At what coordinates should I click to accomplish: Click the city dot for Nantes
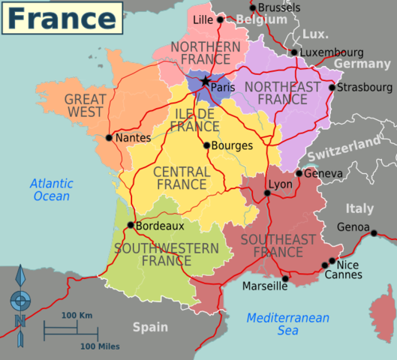point(110,138)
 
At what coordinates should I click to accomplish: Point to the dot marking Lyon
point(267,193)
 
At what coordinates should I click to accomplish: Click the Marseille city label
point(264,286)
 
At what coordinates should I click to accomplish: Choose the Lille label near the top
point(203,19)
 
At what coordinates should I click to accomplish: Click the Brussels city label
point(278,7)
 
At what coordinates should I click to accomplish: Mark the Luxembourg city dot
point(293,52)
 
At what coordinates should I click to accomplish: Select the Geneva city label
point(324,174)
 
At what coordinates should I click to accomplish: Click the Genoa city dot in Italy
point(374,232)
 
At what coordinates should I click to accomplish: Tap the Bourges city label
point(232,145)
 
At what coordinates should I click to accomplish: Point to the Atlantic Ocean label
point(51,190)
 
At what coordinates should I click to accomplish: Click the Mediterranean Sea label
point(287,324)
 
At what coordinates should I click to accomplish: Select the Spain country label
point(150,326)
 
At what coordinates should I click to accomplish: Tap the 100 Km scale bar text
point(77,316)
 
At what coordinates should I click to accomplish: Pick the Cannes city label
point(343,275)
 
